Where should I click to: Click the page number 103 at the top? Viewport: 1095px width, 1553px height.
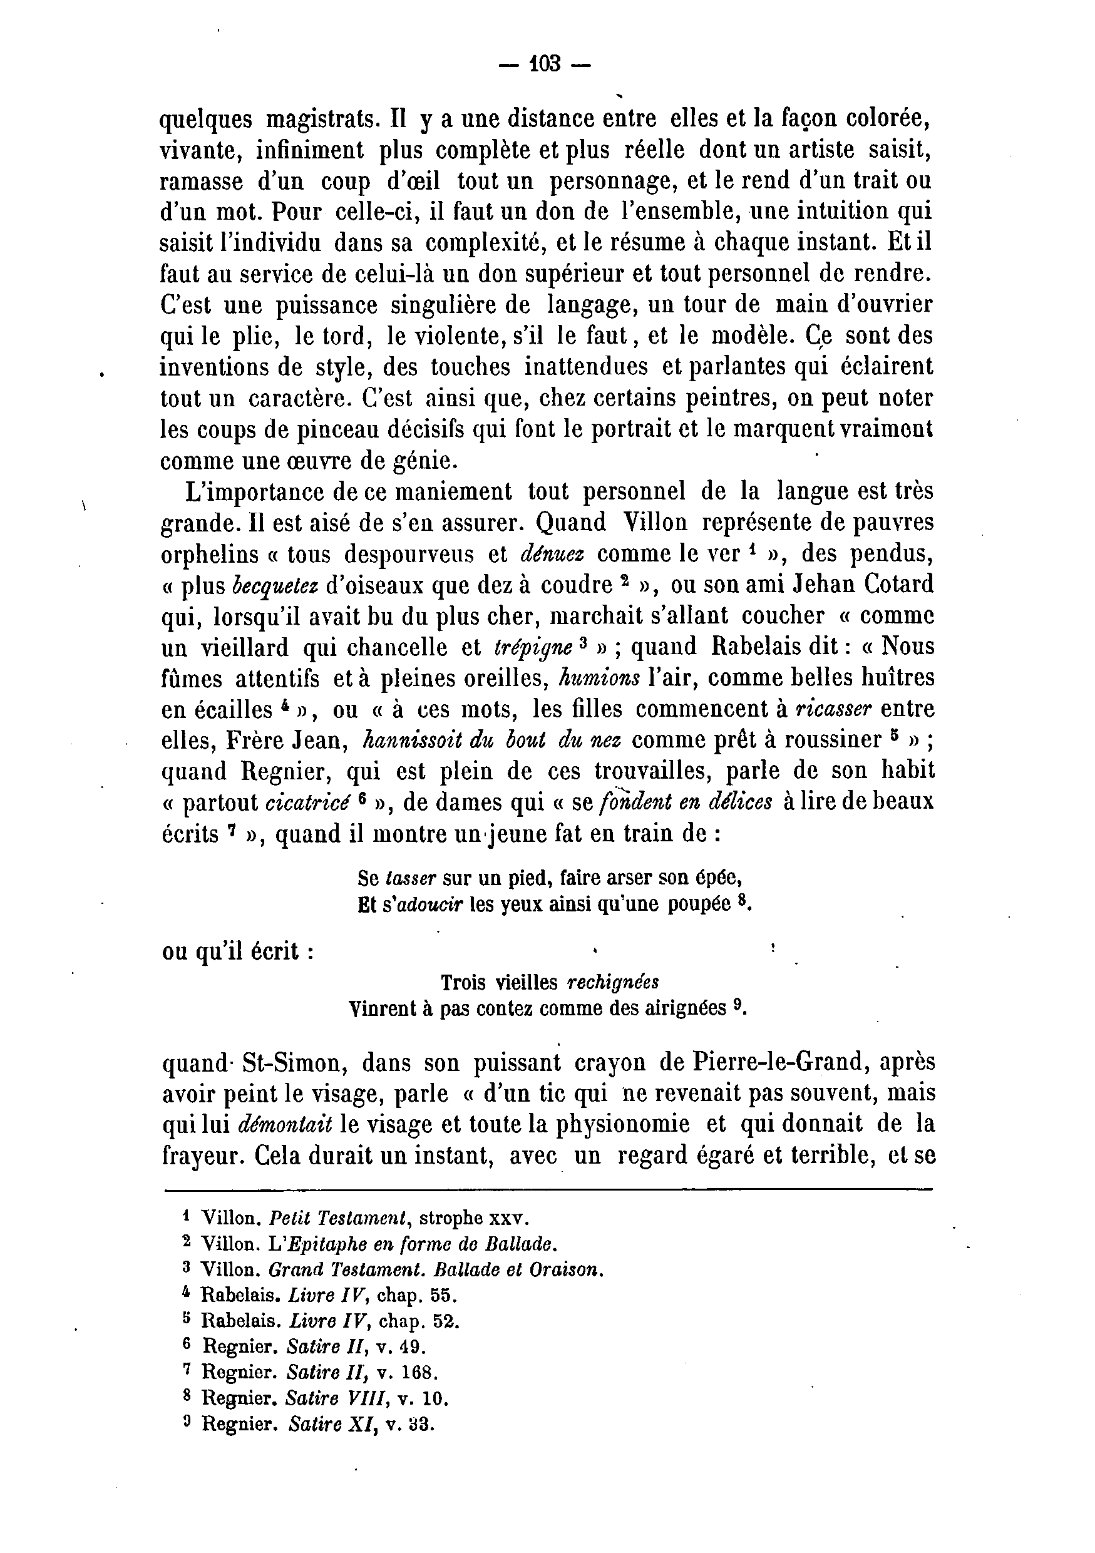[545, 64]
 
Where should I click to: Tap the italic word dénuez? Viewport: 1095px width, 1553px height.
[552, 554]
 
